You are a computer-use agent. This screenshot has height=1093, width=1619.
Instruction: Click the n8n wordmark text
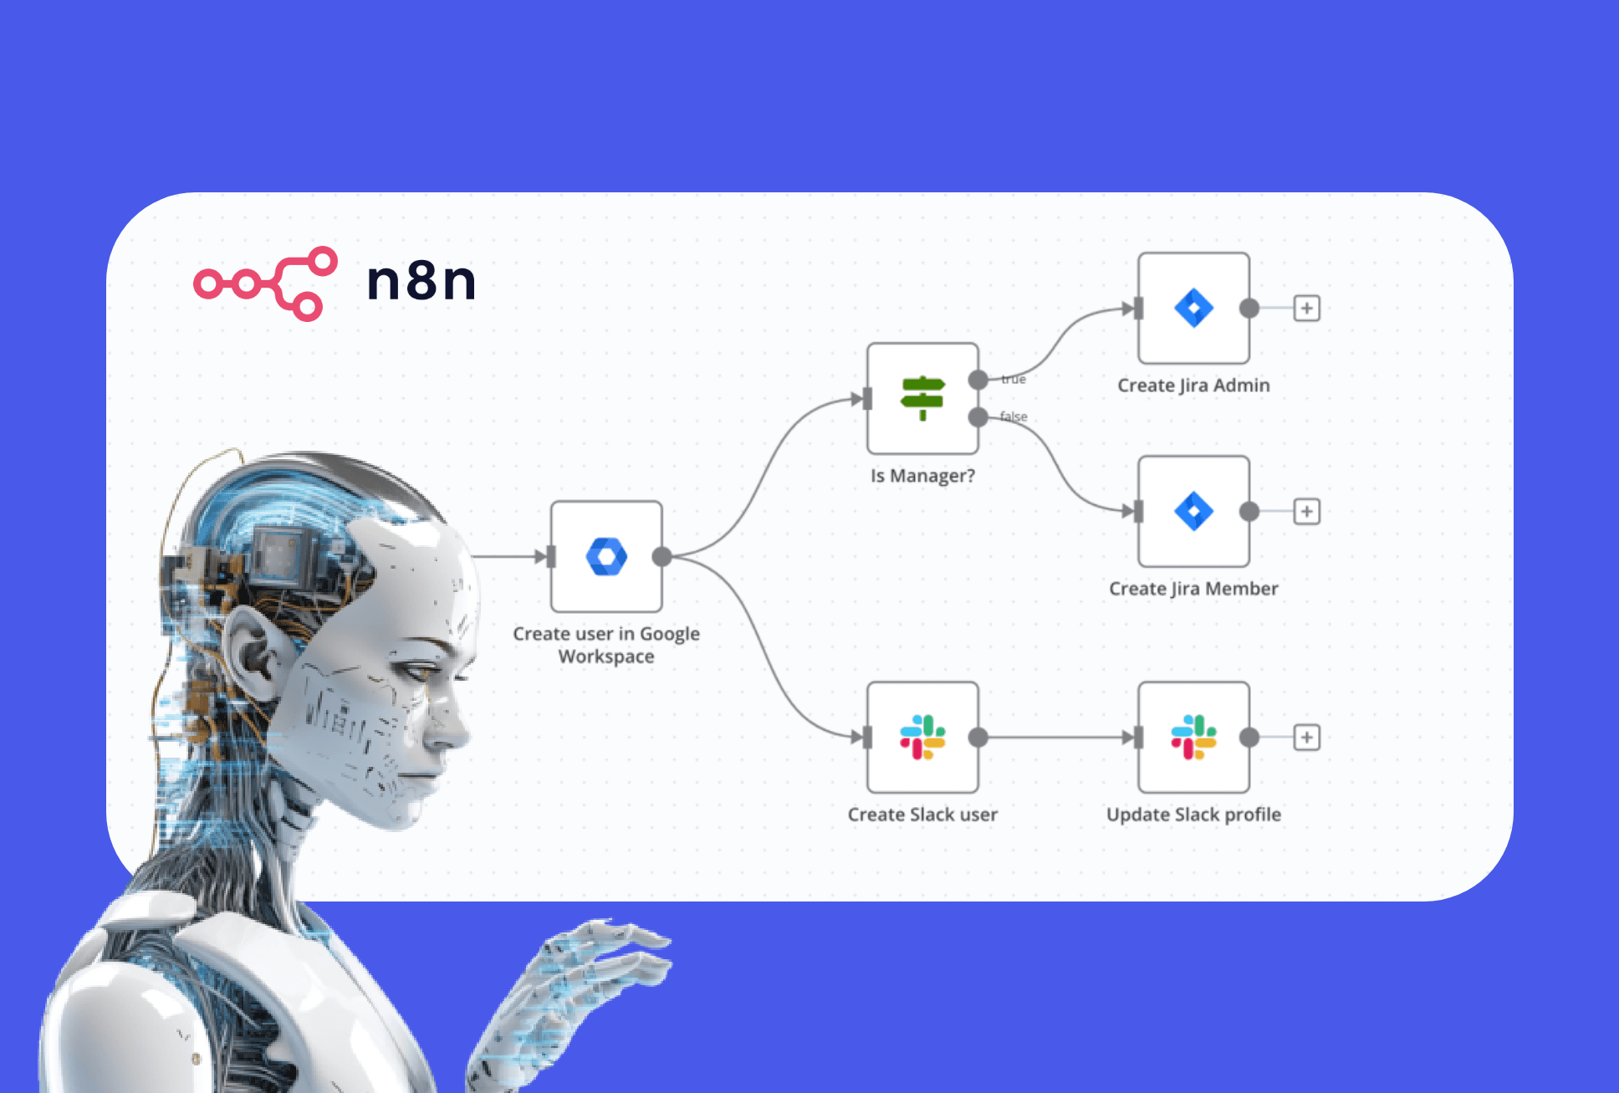421,280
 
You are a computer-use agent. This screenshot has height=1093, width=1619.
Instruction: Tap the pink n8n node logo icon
266,283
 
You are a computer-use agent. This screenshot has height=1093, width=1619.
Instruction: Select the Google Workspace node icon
606,557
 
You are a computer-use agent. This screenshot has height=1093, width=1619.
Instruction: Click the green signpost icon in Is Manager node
922,398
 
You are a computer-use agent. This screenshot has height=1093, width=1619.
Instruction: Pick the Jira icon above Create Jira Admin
1193,308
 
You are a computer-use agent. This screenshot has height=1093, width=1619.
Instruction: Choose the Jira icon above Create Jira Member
1193,511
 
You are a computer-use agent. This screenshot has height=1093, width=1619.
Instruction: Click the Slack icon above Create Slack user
922,737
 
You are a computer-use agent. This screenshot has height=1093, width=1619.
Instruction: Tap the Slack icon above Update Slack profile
1193,737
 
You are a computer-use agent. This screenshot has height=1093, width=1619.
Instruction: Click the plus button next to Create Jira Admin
1307,308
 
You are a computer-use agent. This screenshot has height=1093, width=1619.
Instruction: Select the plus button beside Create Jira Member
1307,511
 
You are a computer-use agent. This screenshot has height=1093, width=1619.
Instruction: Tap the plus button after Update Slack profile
1307,737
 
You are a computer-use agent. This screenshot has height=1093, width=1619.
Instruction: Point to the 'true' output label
1014,380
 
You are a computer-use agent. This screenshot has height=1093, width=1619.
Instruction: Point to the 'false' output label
1014,416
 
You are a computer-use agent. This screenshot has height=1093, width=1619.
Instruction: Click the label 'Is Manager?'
922,476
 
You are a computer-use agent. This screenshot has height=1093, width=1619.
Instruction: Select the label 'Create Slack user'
922,815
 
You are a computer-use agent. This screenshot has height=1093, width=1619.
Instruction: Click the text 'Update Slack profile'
1193,815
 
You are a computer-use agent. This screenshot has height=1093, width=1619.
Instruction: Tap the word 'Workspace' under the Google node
606,657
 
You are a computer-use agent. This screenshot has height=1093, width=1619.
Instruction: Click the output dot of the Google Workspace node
661,557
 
